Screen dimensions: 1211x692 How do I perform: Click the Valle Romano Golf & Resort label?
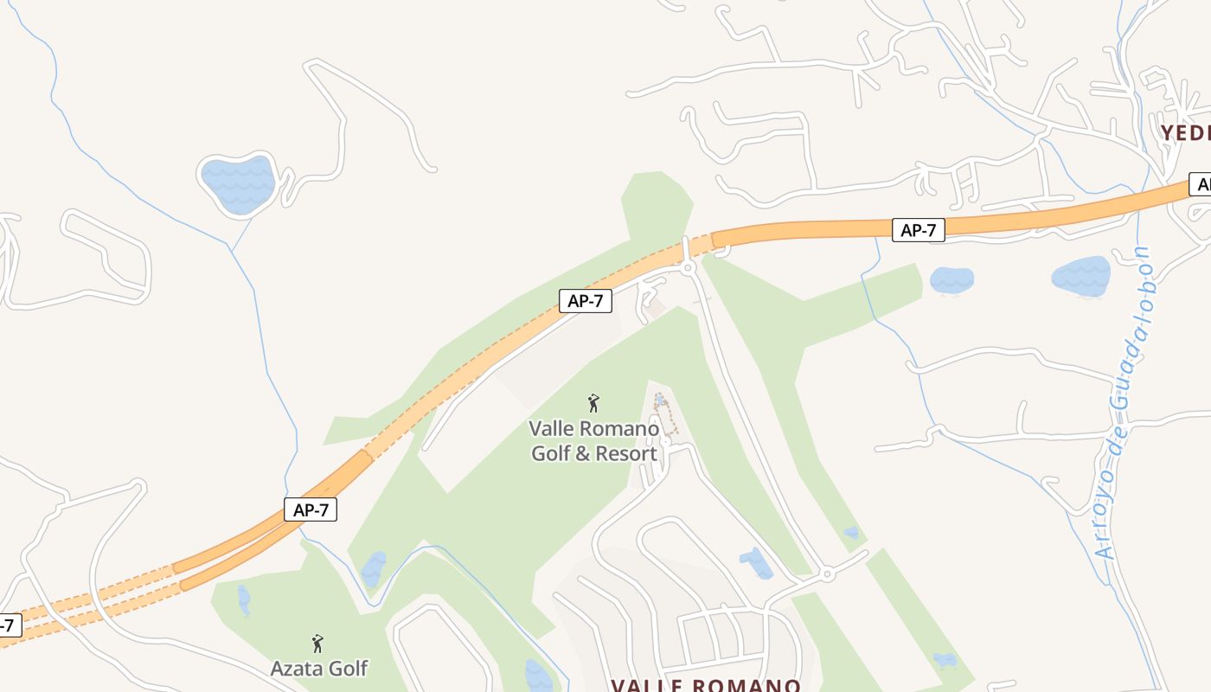click(593, 440)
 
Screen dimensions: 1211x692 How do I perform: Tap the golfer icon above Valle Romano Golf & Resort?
click(593, 403)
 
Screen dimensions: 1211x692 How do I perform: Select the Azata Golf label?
click(318, 669)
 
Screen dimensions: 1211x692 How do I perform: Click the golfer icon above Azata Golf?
click(317, 644)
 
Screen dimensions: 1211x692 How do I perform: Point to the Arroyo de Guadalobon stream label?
click(1123, 402)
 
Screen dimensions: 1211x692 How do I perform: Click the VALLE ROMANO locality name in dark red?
click(706, 684)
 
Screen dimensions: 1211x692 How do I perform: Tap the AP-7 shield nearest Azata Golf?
click(311, 509)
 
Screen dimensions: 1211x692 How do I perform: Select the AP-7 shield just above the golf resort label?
click(586, 300)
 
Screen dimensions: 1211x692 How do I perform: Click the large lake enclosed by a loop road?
click(238, 183)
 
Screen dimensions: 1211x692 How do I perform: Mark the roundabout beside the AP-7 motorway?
click(689, 268)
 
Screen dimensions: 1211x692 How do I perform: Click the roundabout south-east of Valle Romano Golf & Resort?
click(827, 573)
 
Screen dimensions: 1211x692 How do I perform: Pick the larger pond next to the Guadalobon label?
click(1080, 276)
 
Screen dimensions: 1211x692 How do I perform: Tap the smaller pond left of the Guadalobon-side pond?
click(951, 279)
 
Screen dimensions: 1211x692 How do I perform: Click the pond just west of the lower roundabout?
click(757, 563)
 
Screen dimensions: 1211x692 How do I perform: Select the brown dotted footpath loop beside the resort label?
click(665, 414)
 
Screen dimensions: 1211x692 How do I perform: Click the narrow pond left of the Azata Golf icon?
click(244, 599)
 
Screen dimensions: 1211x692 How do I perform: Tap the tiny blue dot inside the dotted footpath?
click(660, 399)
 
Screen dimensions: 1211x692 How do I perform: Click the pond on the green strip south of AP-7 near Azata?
click(374, 568)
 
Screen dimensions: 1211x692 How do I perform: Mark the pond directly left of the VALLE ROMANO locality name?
click(538, 676)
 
